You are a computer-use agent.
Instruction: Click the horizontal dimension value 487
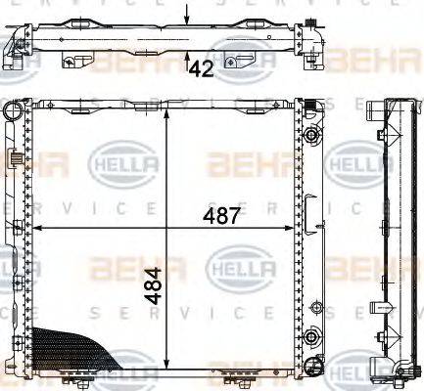pyautogui.click(x=221, y=216)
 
